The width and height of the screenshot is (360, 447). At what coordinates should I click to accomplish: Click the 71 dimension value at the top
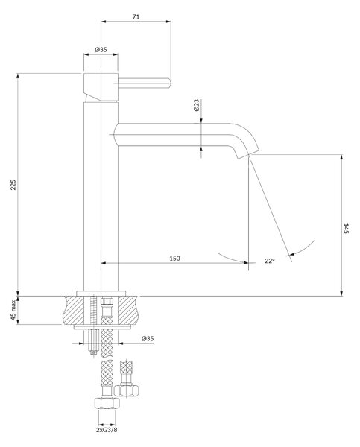point(136,16)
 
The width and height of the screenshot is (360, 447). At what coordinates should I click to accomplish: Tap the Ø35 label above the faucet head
point(101,50)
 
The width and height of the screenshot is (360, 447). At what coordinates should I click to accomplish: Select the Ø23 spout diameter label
point(196,105)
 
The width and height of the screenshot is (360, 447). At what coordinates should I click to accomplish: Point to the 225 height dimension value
point(13,185)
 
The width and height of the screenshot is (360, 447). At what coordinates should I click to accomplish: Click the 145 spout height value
point(346,229)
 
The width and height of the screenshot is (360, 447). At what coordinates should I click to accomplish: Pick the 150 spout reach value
point(174,259)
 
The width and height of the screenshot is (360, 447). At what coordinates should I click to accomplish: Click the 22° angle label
point(270,261)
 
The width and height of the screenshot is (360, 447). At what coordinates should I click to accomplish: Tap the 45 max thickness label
point(13,310)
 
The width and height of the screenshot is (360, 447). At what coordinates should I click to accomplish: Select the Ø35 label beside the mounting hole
point(148,338)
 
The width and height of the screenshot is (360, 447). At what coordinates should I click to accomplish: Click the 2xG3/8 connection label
point(107,430)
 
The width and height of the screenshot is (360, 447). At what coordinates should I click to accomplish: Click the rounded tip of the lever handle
point(169,83)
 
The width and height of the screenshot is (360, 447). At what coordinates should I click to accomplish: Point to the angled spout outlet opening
point(248,154)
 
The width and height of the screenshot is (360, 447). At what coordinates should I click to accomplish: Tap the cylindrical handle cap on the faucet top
point(101,86)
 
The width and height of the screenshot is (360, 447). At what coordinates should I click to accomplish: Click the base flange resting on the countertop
point(101,294)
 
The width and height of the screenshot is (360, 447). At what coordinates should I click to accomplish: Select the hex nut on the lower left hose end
point(107,404)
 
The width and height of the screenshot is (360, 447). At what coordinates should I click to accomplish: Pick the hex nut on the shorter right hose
point(127,390)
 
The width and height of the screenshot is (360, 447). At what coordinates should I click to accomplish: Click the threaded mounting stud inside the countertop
point(92,310)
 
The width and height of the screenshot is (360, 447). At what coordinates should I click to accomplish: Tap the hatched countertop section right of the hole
point(127,310)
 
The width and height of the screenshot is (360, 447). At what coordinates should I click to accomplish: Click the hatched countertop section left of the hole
point(74,310)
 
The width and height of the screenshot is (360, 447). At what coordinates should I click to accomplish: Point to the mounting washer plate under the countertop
point(102,327)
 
